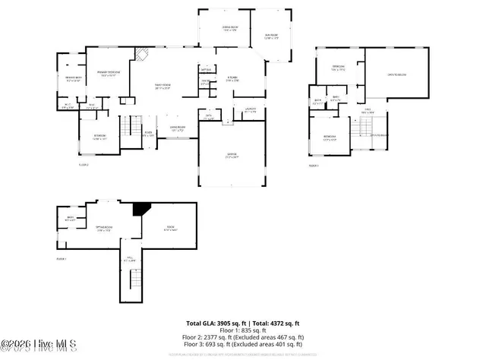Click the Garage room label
click(x=232, y=156)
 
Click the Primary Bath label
click(x=73, y=78)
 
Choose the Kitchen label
click(x=232, y=79)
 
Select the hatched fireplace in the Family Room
click(x=140, y=54)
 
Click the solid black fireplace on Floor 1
click(x=140, y=209)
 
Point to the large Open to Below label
click(x=396, y=74)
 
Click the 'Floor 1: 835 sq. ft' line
click(x=243, y=330)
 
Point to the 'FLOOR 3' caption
click(x=314, y=165)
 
